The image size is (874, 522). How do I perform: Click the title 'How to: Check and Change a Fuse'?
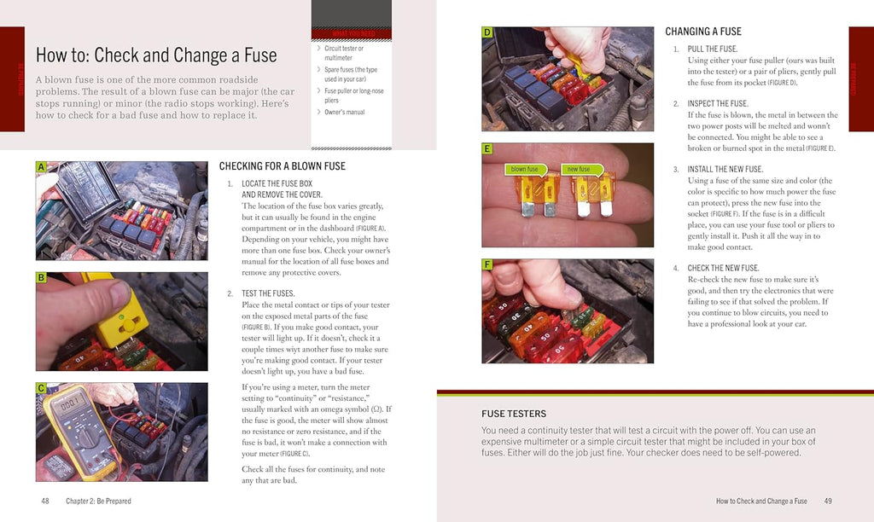click(x=156, y=55)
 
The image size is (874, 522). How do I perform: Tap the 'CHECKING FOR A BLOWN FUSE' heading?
click(x=282, y=165)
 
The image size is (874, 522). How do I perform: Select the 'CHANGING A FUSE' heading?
click(x=703, y=32)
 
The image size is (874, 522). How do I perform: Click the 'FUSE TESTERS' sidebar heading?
click(x=514, y=414)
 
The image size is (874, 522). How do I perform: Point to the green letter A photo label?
click(x=41, y=167)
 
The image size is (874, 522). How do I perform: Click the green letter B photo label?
click(x=41, y=277)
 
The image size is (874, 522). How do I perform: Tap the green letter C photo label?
click(x=41, y=388)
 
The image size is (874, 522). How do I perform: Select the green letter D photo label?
click(x=487, y=32)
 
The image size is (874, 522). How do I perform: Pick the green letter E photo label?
click(x=487, y=148)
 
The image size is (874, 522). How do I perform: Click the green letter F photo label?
click(x=487, y=264)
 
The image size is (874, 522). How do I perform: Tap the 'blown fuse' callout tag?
click(x=525, y=169)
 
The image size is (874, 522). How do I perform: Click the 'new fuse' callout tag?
click(x=579, y=169)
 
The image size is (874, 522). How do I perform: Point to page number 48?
click(x=45, y=501)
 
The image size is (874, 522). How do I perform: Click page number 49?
click(x=828, y=501)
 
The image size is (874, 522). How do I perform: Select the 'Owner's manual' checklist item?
click(x=344, y=112)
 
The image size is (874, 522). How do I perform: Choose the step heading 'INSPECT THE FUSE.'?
click(x=718, y=103)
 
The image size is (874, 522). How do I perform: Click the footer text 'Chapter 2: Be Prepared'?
click(x=98, y=501)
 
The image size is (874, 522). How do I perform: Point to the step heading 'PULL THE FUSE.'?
click(x=712, y=49)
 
